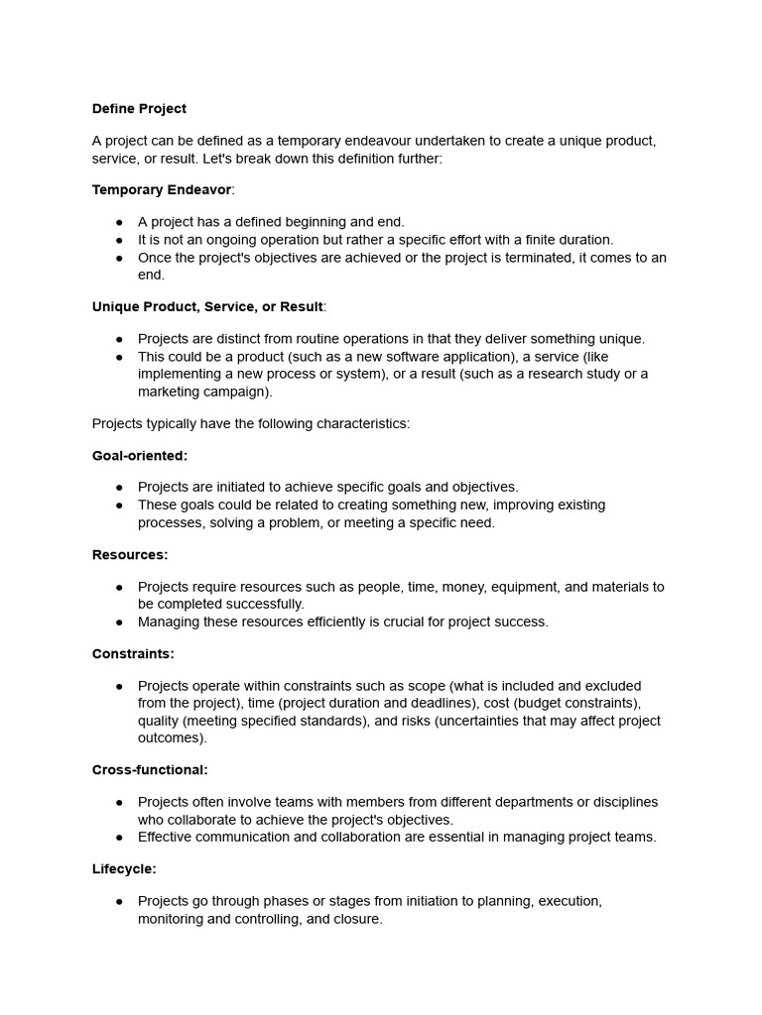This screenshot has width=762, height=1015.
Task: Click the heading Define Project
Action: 139,109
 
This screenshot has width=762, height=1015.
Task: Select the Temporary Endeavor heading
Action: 162,189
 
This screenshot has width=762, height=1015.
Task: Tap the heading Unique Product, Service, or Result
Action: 207,306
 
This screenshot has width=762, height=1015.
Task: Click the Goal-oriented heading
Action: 140,455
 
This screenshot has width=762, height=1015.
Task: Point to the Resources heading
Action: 130,554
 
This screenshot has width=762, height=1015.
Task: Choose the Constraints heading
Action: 133,653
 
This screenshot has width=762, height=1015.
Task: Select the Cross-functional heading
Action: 150,769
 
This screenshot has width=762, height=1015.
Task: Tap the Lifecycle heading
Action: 124,868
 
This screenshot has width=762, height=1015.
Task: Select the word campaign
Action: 238,392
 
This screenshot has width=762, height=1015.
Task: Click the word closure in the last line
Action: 357,919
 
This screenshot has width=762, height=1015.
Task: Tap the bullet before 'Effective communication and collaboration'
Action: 119,837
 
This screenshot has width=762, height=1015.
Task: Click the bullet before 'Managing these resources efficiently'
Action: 119,621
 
